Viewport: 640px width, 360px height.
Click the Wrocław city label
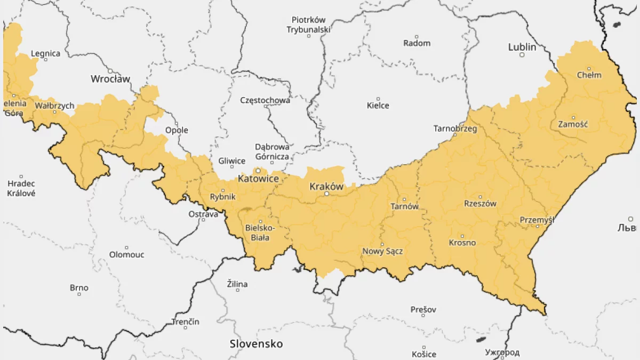click(110, 79)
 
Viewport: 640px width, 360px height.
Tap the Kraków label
click(326, 187)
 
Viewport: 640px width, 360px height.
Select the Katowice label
click(258, 179)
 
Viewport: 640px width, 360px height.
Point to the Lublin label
click(522, 47)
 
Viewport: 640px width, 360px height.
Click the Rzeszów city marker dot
click(480, 196)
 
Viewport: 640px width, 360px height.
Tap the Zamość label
click(573, 124)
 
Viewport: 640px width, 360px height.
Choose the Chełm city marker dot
click(589, 68)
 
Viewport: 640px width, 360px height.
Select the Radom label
click(417, 43)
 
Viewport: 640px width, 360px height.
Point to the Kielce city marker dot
click(378, 99)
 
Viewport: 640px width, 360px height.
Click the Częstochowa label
click(265, 100)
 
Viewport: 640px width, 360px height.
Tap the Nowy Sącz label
click(382, 251)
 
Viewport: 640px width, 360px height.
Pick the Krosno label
click(462, 243)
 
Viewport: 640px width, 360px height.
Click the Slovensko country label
click(256, 343)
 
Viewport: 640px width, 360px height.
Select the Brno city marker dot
click(79, 294)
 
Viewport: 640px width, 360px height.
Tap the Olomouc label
click(126, 254)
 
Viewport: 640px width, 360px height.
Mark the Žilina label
click(237, 284)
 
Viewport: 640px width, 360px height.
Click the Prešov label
click(423, 309)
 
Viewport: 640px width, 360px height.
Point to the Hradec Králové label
click(21, 188)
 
